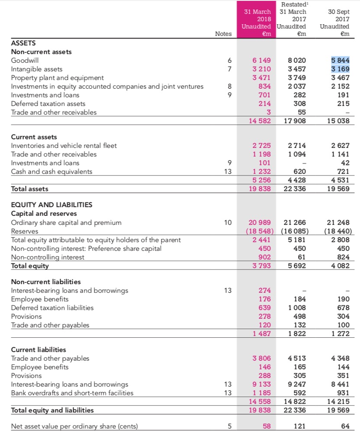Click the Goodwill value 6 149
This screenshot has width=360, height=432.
pos(262,61)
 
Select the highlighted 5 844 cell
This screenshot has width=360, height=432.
pos(340,61)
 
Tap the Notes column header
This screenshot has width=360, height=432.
pos(223,34)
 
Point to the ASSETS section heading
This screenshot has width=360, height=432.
pos(23,43)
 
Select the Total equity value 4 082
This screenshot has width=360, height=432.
pos(340,266)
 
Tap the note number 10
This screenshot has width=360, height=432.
pos(228,223)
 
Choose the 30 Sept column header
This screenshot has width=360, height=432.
pos(340,12)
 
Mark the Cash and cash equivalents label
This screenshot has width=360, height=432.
pos(51,171)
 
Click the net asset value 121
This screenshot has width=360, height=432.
pos(299,426)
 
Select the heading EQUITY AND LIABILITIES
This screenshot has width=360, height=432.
pos(51,205)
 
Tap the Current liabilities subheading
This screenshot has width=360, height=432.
pos(39,349)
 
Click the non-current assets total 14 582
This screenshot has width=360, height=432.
pos(260,121)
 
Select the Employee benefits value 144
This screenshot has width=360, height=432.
pos(342,367)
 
